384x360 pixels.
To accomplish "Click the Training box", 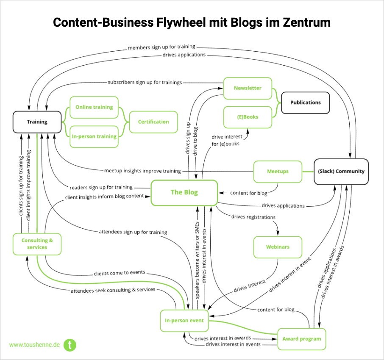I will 37,122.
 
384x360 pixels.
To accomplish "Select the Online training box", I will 94,107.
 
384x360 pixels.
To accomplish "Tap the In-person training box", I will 94,136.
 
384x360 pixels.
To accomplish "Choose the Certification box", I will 153,122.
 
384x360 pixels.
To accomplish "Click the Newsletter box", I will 248,88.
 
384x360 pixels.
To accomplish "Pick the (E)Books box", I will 248,117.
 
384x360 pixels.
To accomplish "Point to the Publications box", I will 305,102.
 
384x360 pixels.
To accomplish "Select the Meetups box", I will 278,172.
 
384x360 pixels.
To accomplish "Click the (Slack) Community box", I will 341,172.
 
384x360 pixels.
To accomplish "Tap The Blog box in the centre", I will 184,193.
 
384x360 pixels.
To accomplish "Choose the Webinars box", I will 278,247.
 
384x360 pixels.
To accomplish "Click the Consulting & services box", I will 37,244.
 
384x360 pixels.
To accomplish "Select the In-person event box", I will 184,321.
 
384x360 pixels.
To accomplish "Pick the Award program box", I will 302,339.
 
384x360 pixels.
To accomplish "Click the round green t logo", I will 70,345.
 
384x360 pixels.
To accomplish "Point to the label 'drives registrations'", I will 253,217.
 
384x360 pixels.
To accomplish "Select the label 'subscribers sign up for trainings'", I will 145,82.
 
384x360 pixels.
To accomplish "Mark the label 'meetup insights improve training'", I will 142,171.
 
